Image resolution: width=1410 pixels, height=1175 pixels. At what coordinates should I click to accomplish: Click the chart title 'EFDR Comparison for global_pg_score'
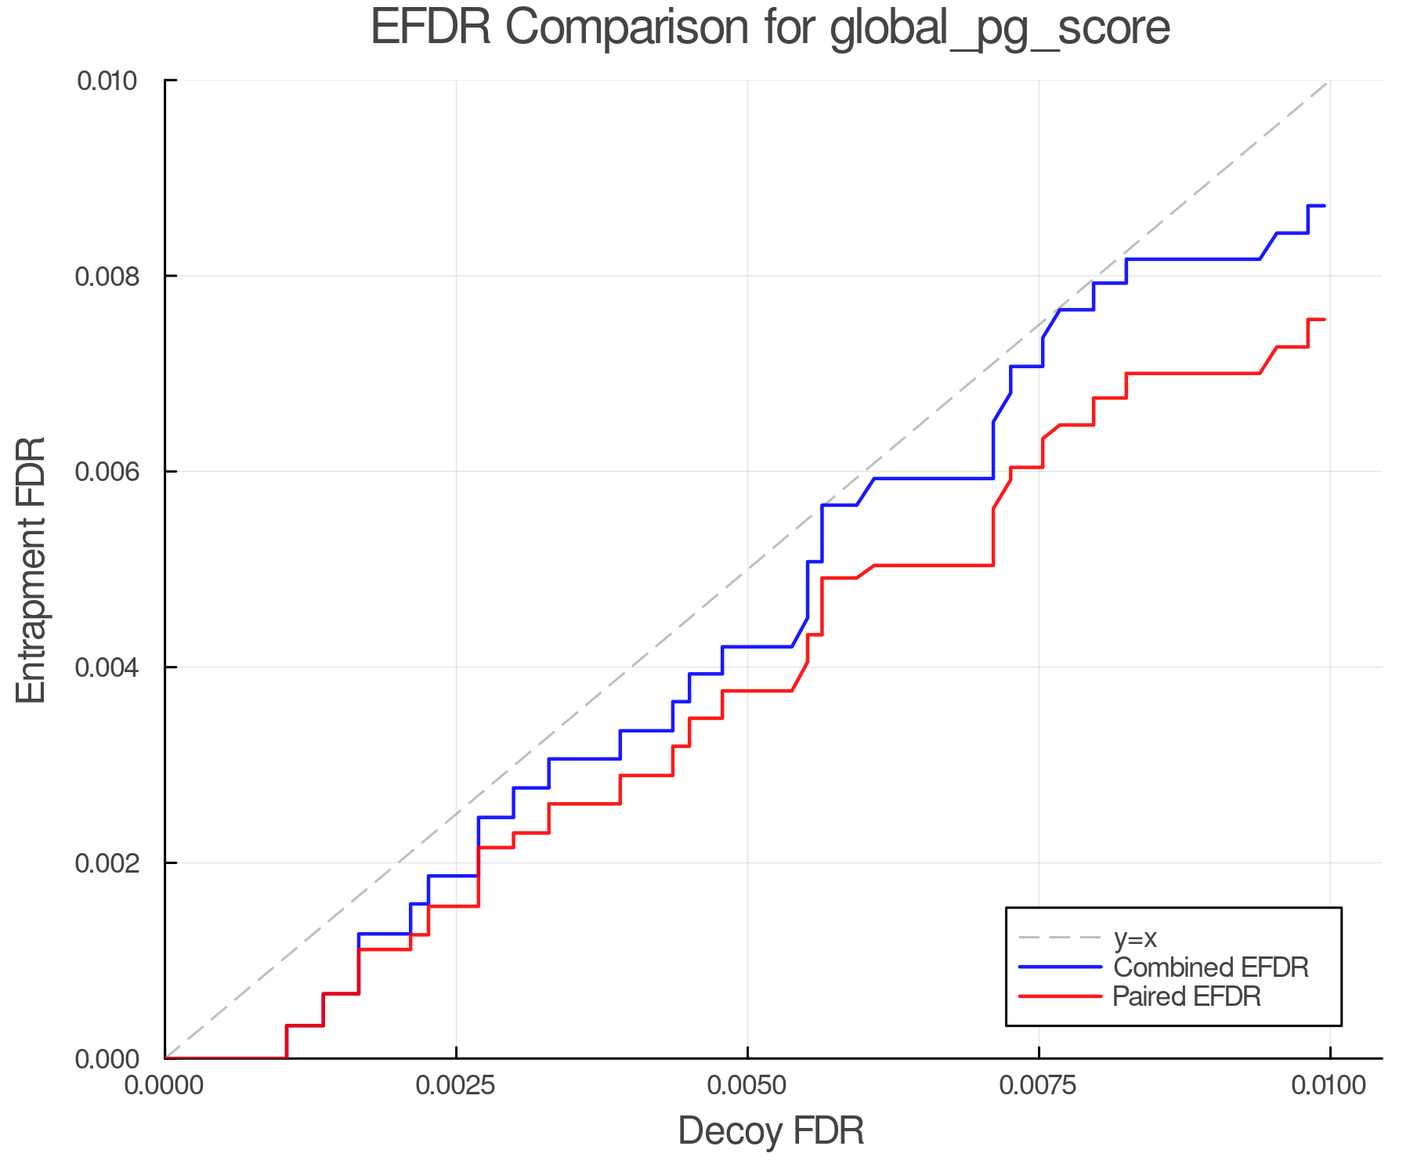click(x=770, y=28)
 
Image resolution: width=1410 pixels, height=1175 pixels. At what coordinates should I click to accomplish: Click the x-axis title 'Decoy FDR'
click(x=771, y=1131)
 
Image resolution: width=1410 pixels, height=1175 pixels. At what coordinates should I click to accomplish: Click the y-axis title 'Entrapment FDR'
click(x=32, y=570)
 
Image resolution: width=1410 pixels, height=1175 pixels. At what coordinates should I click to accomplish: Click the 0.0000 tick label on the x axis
click(x=165, y=1086)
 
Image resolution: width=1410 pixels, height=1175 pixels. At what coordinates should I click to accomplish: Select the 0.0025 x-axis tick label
click(x=457, y=1086)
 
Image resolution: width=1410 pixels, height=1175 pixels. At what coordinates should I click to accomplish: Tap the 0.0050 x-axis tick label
click(x=748, y=1086)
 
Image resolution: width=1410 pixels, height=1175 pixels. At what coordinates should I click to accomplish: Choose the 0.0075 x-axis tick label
click(x=1039, y=1086)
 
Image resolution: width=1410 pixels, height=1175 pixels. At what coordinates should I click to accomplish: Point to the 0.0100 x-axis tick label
click(x=1330, y=1086)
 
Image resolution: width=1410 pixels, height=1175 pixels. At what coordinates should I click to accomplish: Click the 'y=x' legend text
click(x=1135, y=938)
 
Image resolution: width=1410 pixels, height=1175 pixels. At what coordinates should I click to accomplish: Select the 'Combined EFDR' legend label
click(x=1211, y=967)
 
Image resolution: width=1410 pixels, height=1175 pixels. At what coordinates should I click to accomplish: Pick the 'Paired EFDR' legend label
click(x=1187, y=996)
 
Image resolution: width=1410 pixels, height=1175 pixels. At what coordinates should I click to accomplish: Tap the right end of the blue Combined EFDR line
click(x=1324, y=206)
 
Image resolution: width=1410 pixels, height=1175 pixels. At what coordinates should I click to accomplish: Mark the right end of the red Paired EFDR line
click(x=1324, y=320)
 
